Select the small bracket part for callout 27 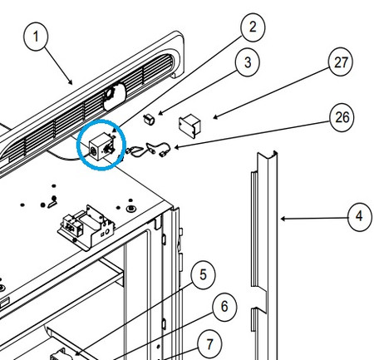click(x=190, y=124)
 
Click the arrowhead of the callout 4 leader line click(x=282, y=219)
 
